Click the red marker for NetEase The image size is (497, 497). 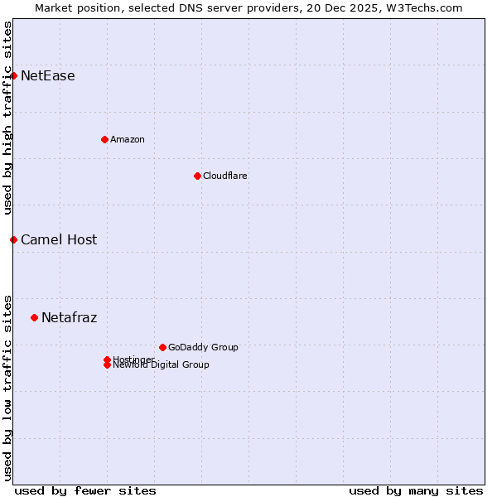click(x=13, y=76)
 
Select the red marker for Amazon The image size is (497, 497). click(x=104, y=139)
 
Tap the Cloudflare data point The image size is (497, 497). click(x=197, y=176)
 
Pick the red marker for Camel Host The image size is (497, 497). click(x=13, y=239)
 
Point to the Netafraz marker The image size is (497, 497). click(x=34, y=317)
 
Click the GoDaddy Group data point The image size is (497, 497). click(x=162, y=347)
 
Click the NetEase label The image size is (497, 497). click(x=48, y=76)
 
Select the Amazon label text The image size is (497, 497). click(x=128, y=139)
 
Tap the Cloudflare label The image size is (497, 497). click(x=225, y=176)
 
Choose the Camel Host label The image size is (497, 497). click(x=59, y=239)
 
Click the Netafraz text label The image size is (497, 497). click(x=70, y=317)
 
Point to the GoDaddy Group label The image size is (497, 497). click(x=203, y=347)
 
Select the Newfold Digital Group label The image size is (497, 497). click(x=162, y=365)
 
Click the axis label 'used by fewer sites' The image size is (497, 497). click(x=85, y=490)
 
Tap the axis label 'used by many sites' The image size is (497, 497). click(x=416, y=490)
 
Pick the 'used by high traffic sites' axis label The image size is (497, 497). click(x=7, y=118)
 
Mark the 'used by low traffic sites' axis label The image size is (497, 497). click(x=7, y=388)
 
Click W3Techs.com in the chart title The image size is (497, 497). click(x=427, y=7)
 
